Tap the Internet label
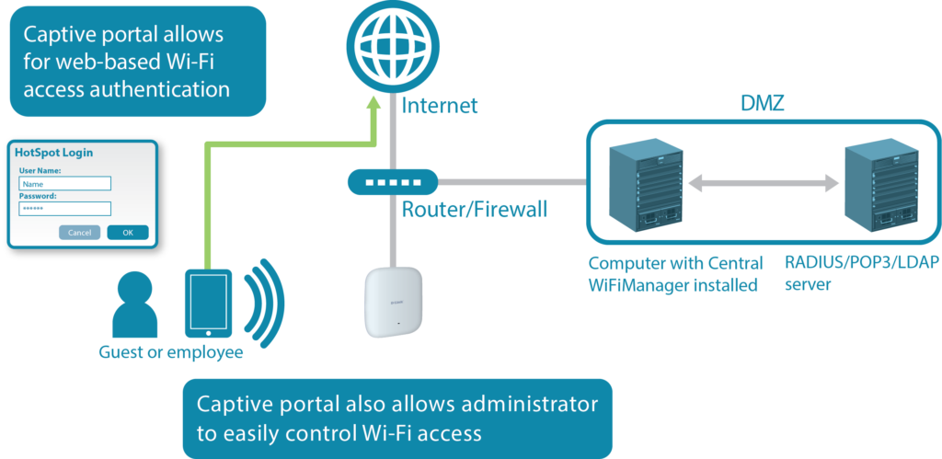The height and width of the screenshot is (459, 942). [x=440, y=106]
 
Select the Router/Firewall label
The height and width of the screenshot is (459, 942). [x=474, y=210]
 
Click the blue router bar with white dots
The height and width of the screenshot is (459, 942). [x=393, y=181]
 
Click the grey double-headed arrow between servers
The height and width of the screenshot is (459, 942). [x=764, y=184]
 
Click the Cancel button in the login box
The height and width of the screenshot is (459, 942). [x=79, y=233]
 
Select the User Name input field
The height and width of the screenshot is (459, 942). [x=64, y=183]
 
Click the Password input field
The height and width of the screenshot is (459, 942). [x=64, y=209]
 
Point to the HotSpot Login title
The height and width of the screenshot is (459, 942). [x=54, y=153]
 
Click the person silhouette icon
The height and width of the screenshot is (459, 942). [x=130, y=305]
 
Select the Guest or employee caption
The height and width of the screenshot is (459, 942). [x=171, y=352]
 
